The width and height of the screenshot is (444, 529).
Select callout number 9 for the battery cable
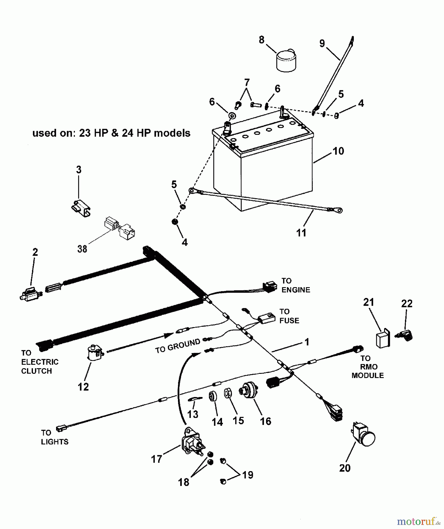[322, 43]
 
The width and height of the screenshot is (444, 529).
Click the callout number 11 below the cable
[301, 233]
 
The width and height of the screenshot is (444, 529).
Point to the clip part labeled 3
[81, 207]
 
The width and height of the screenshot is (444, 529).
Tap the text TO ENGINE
[296, 285]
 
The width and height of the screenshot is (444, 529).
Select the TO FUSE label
[289, 316]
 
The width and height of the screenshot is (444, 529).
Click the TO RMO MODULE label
[368, 367]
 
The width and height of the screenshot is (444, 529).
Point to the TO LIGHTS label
[55, 437]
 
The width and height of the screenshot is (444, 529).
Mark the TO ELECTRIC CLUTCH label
[40, 362]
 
